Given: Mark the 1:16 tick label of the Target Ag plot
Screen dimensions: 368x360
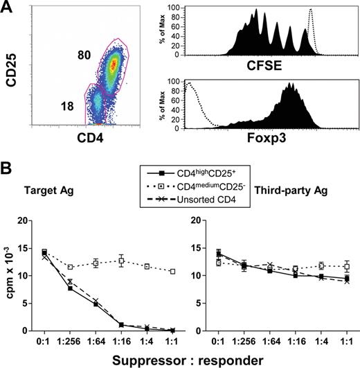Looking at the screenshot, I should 120,340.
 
